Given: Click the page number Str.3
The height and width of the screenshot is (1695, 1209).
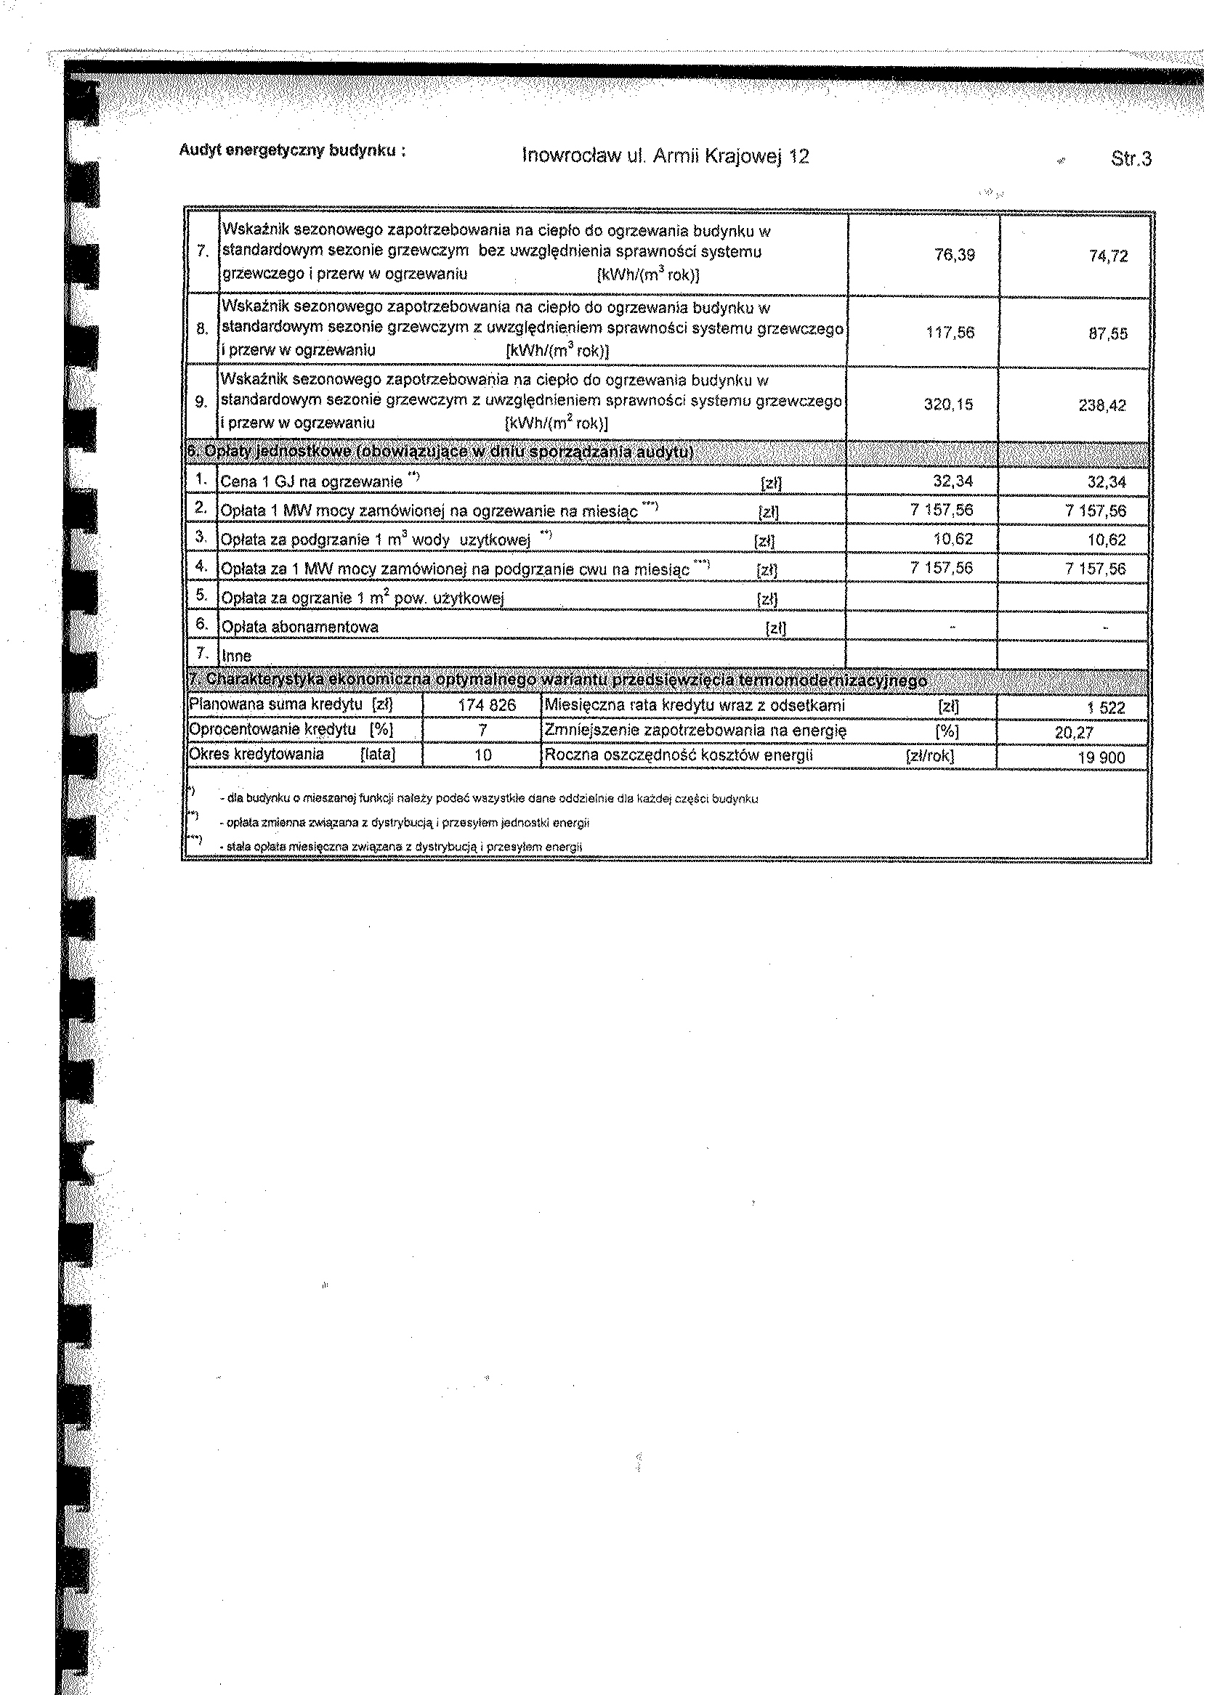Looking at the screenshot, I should [x=1130, y=158].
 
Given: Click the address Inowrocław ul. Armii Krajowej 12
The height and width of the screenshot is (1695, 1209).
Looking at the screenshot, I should [x=666, y=156].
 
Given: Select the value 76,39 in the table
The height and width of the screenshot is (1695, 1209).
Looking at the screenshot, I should [x=955, y=255].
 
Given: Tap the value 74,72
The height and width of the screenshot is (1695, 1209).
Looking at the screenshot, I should [x=1108, y=256].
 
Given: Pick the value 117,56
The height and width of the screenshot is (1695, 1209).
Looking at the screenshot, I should [x=950, y=333].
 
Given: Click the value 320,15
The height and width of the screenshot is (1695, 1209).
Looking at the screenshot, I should [x=948, y=405].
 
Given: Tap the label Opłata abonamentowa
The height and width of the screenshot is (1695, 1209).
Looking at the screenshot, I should [x=300, y=627].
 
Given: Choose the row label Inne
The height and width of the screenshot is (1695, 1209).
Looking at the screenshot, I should [x=237, y=656].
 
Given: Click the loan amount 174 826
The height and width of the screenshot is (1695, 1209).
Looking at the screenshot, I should [x=487, y=705].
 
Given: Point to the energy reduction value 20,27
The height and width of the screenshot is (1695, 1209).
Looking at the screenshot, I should [x=1074, y=733].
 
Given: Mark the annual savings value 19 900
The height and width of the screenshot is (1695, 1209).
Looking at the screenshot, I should [x=1101, y=758].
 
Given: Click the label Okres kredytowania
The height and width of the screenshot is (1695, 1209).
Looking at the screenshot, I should [x=256, y=755].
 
